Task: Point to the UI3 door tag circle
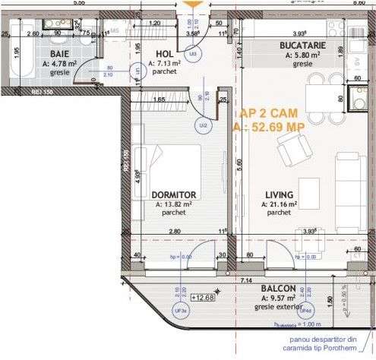point(194,55)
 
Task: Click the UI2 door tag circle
point(203,125)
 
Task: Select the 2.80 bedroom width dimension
point(174,231)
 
